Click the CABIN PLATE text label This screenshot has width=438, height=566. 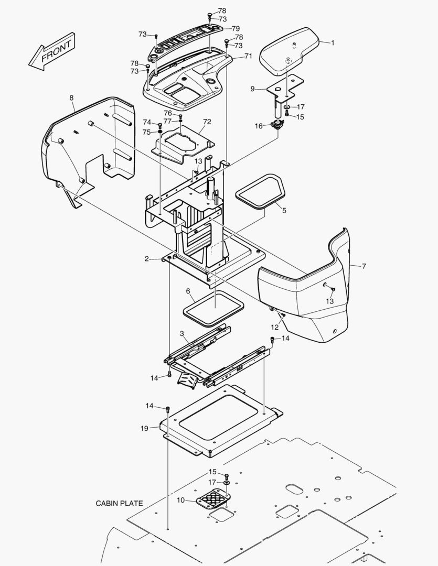(x=119, y=503)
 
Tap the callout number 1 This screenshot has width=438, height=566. (x=332, y=42)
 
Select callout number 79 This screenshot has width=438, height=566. (x=236, y=28)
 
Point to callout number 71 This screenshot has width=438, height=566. (x=248, y=56)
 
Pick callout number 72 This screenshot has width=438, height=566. (x=207, y=122)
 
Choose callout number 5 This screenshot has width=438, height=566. (x=284, y=211)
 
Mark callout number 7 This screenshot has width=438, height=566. (x=364, y=266)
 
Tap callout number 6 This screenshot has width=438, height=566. (x=188, y=291)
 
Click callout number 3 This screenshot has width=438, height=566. (x=181, y=333)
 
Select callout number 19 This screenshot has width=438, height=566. (x=144, y=428)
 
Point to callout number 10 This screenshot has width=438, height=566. (x=180, y=500)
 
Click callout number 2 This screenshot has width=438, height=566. (x=147, y=258)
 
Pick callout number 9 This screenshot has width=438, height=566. (x=252, y=89)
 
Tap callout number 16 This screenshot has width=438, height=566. (x=259, y=126)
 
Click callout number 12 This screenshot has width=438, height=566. (x=275, y=327)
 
